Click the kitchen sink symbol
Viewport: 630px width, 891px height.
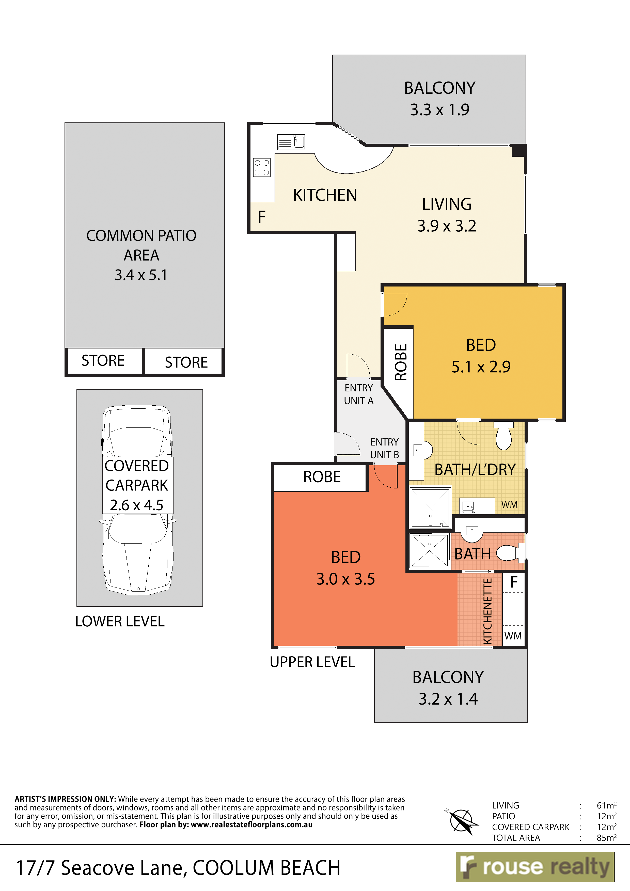(x=291, y=142)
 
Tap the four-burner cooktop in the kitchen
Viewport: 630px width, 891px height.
(x=262, y=168)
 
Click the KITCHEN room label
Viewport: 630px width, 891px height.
(x=325, y=195)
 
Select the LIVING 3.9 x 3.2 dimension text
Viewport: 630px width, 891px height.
(x=447, y=226)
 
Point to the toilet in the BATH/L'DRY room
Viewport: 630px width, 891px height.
(x=503, y=437)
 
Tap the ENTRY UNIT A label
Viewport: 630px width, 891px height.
(x=359, y=394)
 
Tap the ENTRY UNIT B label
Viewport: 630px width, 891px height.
(x=384, y=448)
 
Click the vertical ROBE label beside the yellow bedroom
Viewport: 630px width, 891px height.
(x=401, y=362)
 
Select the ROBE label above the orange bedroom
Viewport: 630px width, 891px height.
(x=322, y=477)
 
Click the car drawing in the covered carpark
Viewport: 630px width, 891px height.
(x=137, y=500)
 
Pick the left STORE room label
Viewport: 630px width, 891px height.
(x=103, y=360)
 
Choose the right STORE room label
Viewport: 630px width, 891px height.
(x=186, y=362)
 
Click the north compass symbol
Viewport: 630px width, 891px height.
(x=461, y=820)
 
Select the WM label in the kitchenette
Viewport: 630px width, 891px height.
(x=513, y=636)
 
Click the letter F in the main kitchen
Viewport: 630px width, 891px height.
(x=262, y=217)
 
